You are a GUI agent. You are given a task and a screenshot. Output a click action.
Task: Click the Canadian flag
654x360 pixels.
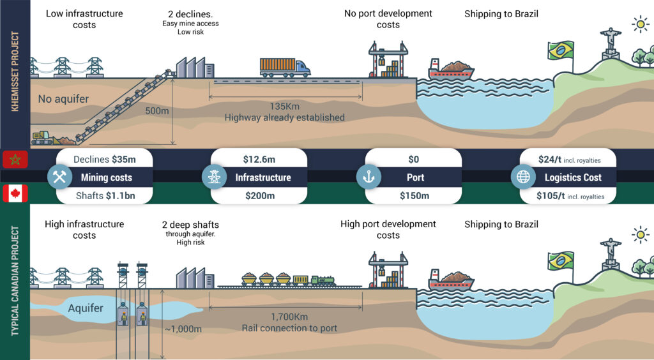point(15,193)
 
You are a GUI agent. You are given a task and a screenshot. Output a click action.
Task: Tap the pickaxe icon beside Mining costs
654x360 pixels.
point(61,177)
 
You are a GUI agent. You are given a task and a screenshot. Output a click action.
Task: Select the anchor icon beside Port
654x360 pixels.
point(369,177)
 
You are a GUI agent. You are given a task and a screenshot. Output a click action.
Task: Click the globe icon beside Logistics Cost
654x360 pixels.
point(523,177)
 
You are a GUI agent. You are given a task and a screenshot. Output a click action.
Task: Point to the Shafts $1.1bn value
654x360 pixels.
point(103,196)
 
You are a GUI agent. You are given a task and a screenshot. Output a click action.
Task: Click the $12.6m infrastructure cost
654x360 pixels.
point(259,158)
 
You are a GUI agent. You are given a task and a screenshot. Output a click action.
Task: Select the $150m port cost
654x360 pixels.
point(414,196)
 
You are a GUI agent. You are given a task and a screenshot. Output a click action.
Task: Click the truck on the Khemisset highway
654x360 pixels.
point(285,66)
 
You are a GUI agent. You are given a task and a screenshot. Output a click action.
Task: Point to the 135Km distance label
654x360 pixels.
point(284,106)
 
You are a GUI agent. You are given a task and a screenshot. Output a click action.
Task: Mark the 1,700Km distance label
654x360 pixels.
point(289,317)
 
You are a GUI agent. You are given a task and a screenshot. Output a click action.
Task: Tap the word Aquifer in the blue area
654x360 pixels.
point(86,308)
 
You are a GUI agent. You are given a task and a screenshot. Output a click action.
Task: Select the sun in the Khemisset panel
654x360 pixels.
point(639,24)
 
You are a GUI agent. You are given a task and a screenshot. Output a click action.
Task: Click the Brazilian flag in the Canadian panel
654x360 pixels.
point(560,260)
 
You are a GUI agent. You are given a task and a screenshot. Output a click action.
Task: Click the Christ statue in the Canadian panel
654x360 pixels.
point(611,250)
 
